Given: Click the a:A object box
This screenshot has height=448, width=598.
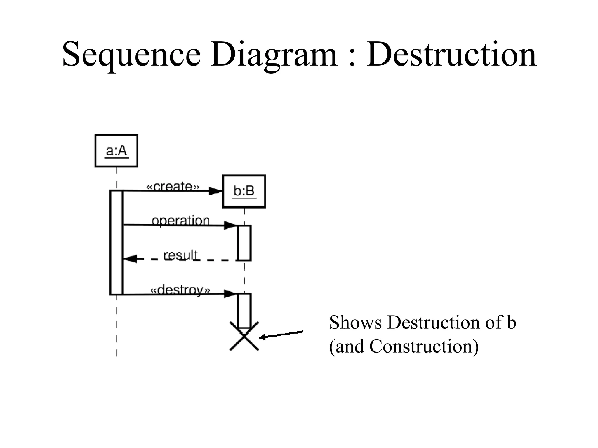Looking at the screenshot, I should [x=116, y=151].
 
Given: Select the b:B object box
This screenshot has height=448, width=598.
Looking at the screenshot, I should [x=244, y=191].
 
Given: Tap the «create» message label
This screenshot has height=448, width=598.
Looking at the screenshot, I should [x=173, y=186].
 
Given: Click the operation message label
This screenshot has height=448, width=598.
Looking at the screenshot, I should [x=181, y=220].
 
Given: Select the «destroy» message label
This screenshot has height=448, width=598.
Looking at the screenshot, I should [x=180, y=290].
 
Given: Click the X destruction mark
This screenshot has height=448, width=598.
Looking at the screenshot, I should [x=244, y=336].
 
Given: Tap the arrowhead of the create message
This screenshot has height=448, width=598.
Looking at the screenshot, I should [x=216, y=191].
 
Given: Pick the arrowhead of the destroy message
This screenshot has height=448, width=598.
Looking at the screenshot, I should [x=230, y=294].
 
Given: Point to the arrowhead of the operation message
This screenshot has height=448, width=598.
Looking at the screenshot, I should [x=230, y=225].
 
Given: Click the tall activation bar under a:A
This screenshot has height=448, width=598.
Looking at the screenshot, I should [x=116, y=242].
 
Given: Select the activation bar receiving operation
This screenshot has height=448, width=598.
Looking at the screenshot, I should [x=244, y=243].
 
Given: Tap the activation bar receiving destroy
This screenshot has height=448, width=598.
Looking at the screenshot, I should [x=244, y=311].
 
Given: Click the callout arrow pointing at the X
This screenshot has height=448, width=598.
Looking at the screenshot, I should [x=281, y=335].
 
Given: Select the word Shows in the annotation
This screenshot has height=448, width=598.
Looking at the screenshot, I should [x=355, y=323].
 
